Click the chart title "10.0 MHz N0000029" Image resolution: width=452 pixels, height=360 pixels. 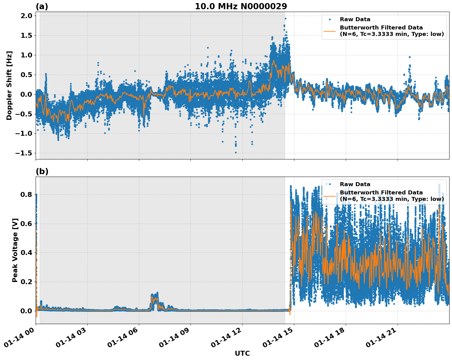(x=241, y=6)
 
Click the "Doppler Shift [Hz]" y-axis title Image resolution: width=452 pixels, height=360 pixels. (x=9, y=85)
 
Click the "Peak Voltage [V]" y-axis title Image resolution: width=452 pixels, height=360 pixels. (x=15, y=250)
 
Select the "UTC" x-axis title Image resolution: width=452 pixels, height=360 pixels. (x=242, y=353)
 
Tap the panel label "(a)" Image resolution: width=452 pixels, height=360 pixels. (x=42, y=6)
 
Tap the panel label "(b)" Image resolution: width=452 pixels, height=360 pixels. (x=42, y=171)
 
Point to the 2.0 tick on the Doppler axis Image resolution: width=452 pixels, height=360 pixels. (x=26, y=16)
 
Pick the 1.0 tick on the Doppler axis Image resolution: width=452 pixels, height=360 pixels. (x=26, y=55)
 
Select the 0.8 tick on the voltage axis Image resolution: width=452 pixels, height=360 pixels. (x=26, y=194)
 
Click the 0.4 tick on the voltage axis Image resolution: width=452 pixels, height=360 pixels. (x=26, y=253)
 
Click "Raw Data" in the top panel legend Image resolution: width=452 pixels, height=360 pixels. (x=355, y=19)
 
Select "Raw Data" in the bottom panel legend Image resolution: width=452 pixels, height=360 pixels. (x=355, y=184)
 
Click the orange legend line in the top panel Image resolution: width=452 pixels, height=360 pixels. (x=329, y=31)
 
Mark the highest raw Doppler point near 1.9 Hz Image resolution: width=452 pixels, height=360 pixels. (x=285, y=18)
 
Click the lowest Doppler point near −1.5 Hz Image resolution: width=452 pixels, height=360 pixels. (x=236, y=152)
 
